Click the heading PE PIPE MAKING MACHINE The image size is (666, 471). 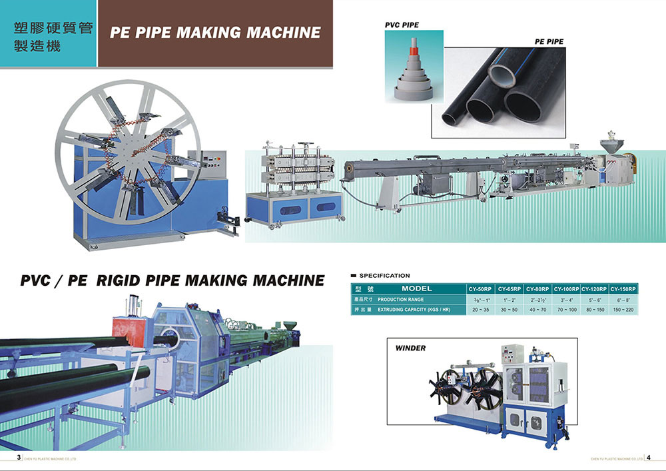(x=215, y=33)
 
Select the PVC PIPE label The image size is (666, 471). (x=402, y=25)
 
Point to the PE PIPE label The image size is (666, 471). (x=549, y=41)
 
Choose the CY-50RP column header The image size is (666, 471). (x=480, y=289)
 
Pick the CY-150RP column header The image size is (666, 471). (x=623, y=289)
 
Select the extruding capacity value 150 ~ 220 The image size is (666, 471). (x=623, y=310)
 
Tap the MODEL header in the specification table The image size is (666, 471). (x=417, y=288)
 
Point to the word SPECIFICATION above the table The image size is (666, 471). (x=384, y=275)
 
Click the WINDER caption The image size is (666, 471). (x=410, y=348)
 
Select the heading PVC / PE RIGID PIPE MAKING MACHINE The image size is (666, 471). (x=172, y=280)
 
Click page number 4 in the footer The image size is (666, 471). (x=649, y=458)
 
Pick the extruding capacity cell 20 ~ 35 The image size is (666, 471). (x=480, y=310)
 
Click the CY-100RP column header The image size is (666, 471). (x=566, y=289)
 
